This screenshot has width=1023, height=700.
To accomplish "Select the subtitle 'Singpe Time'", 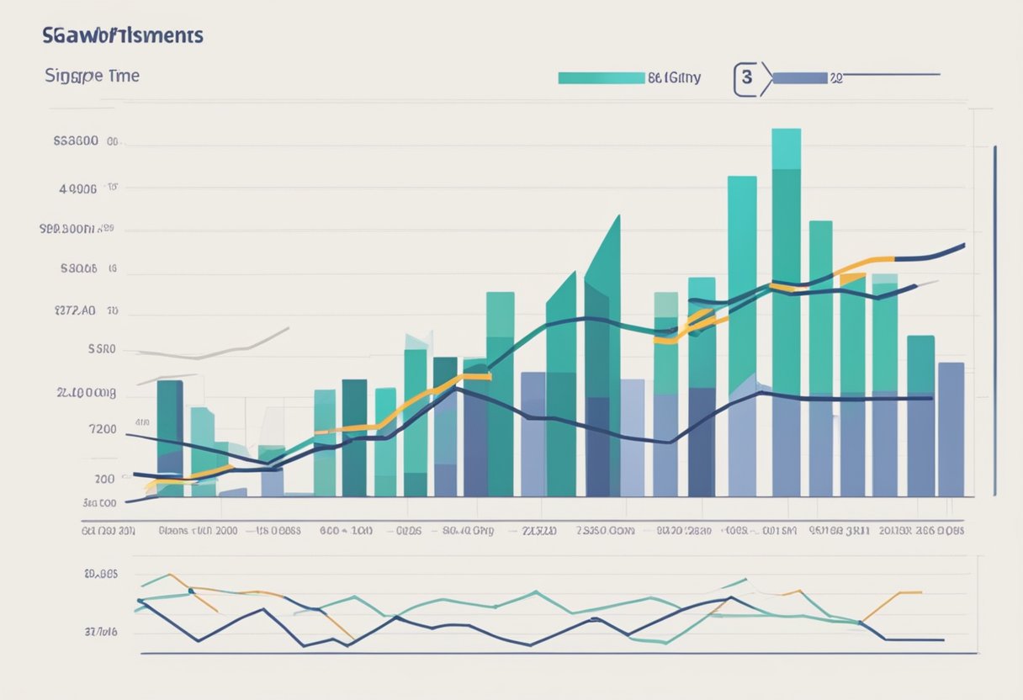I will (92, 76).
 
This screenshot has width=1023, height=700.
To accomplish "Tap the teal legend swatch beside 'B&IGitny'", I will (601, 78).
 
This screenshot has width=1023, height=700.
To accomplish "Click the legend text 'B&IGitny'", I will (674, 78).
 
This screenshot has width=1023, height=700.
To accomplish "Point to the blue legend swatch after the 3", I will (799, 78).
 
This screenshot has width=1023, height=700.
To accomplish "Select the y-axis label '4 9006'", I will (78, 189).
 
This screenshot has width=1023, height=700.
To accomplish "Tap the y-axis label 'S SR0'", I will (101, 349).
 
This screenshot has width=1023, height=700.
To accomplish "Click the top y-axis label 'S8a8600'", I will (76, 142).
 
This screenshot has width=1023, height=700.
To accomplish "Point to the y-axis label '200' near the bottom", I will (104, 479).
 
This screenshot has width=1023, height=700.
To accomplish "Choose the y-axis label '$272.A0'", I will (73, 310).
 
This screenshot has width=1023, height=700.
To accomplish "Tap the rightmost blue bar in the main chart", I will (951, 429).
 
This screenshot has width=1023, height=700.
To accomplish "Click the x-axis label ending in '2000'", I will (199, 531).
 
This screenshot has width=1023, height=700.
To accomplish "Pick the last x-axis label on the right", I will (921, 531).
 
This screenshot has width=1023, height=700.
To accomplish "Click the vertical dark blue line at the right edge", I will (995, 320).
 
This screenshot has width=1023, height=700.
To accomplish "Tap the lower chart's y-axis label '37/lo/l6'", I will (101, 630).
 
